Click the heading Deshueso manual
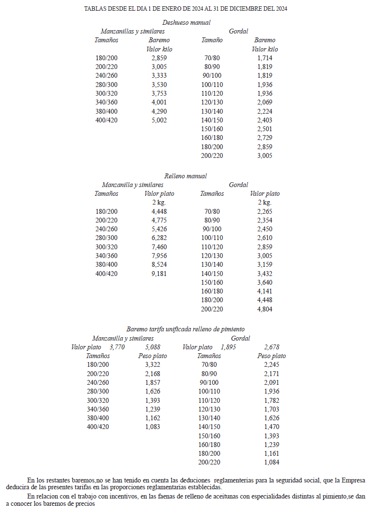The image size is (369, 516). click(186, 22)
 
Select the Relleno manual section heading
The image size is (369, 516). click(185, 176)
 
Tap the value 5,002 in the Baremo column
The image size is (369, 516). click(159, 120)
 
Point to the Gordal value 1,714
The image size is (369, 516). click(265, 58)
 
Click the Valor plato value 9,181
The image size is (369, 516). click(159, 274)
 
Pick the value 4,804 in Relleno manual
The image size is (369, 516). click(265, 309)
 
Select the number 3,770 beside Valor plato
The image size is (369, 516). click(117, 347)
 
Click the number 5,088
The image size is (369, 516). click(152, 347)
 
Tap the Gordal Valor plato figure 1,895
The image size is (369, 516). click(228, 347)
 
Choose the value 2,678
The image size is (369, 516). click(271, 347)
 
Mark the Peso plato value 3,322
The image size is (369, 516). click(152, 364)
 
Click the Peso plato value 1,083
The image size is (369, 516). click(152, 427)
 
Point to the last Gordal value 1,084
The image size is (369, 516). click(271, 462)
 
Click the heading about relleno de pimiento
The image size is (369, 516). click(185, 329)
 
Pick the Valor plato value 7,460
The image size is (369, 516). click(159, 247)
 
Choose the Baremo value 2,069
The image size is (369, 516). click(265, 102)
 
